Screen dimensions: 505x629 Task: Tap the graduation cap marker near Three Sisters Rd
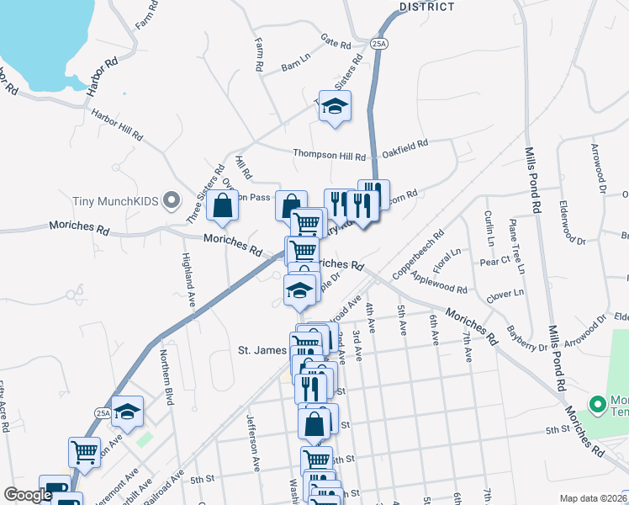click(335, 106)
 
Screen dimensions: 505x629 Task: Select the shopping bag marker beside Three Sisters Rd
click(222, 206)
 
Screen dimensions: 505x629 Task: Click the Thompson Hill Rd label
click(329, 155)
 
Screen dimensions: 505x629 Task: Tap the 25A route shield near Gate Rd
click(379, 44)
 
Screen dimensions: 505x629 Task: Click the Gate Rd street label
click(335, 40)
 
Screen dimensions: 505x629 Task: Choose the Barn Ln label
click(296, 65)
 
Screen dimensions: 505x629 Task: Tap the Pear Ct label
click(494, 261)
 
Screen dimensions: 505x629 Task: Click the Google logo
click(29, 495)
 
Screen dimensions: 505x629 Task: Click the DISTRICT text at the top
click(426, 7)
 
